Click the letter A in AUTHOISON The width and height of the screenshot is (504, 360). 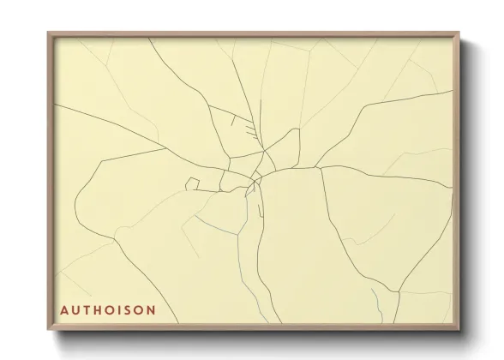pyautogui.click(x=64, y=309)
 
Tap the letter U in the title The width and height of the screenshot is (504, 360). pyautogui.click(x=78, y=309)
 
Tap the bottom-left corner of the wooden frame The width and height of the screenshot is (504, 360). pyautogui.click(x=49, y=329)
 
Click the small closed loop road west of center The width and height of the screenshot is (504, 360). pyautogui.click(x=194, y=183)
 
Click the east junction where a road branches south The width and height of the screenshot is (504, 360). pyautogui.click(x=320, y=168)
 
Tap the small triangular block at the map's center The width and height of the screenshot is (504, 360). pyautogui.click(x=254, y=183)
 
